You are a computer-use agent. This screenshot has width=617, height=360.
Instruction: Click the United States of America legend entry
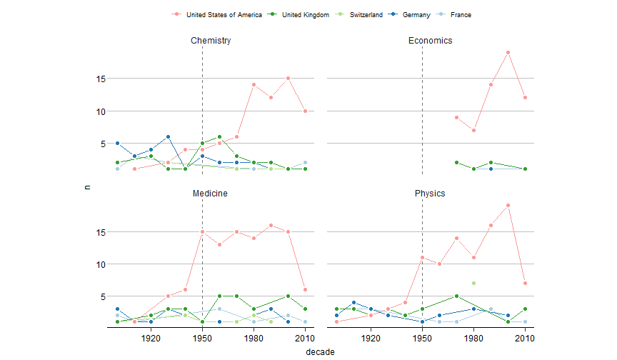tap(223, 14)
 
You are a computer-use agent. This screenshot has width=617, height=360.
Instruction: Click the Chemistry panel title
tap(211, 41)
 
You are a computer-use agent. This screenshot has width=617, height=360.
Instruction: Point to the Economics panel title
tap(430, 41)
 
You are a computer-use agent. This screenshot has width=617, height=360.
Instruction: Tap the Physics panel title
tap(430, 194)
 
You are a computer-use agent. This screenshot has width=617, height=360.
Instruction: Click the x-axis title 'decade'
tap(320, 351)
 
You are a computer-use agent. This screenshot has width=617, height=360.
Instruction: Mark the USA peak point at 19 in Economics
tap(508, 52)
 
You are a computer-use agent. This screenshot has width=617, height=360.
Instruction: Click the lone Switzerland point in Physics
tap(473, 284)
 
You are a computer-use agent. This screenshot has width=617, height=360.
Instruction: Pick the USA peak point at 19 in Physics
tap(508, 206)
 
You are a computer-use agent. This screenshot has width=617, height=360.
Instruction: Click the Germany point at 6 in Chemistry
tap(168, 137)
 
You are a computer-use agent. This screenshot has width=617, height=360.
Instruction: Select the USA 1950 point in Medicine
tap(203, 231)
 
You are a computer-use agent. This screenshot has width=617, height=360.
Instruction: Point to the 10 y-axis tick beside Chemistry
tap(102, 111)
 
